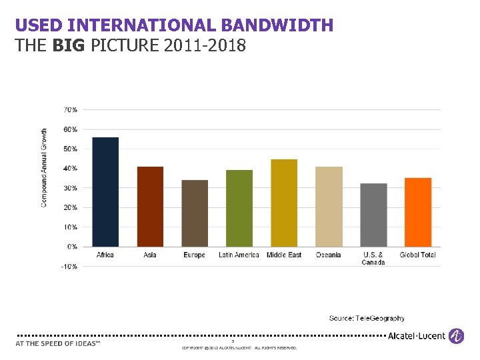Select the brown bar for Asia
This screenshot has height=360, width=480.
coord(150,207)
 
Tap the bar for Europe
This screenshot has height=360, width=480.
coord(195,213)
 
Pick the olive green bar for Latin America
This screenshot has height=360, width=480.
coord(239,208)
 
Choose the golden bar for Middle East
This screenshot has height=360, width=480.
coord(284,203)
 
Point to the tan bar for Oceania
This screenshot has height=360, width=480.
coord(329,207)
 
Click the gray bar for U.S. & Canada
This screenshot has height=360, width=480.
coord(373,215)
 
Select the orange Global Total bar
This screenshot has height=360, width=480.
coord(418,212)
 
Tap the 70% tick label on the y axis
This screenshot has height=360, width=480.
coord(70,109)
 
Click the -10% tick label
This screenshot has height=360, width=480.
coord(69,267)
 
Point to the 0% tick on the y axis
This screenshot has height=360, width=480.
coord(71,247)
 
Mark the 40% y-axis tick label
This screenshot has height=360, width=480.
coord(70,168)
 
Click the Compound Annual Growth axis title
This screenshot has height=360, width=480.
coord(45,167)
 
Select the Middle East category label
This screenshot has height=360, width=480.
coord(284,255)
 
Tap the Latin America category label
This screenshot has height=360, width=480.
coord(239,255)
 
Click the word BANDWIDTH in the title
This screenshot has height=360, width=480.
coord(277,26)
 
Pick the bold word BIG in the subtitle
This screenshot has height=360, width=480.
coord(69,46)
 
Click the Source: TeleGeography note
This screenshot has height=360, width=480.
coord(367,319)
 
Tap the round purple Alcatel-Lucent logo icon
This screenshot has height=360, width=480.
coord(456,336)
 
